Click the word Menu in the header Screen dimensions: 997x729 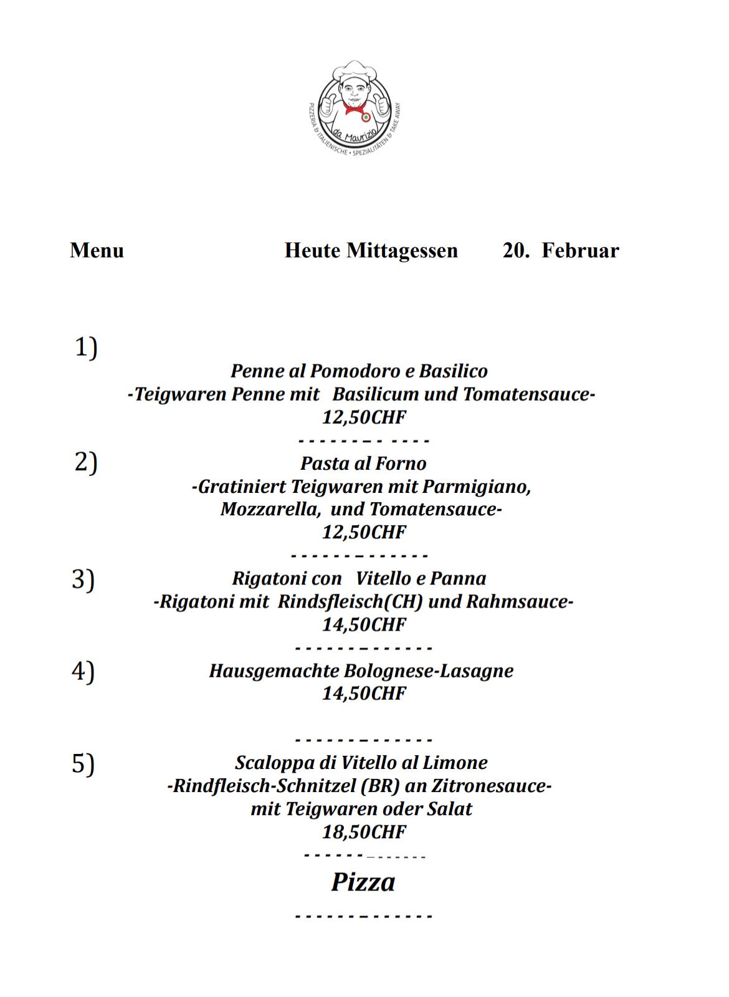97,250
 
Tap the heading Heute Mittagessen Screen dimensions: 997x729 371,250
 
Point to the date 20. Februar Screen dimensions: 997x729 560,250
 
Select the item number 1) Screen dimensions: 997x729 87,347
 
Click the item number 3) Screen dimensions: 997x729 83,580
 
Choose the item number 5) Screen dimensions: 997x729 83,764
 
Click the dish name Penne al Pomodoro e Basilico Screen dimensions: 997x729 359,371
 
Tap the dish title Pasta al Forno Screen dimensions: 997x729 363,464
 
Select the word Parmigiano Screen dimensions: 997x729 477,487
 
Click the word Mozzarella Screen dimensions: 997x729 270,510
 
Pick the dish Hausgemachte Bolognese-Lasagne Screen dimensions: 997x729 361,671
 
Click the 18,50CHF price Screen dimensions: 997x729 364,832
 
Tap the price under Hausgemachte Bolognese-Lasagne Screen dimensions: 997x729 364,694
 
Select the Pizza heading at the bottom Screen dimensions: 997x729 363,882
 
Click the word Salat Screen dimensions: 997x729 449,809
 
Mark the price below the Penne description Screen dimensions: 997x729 364,417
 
